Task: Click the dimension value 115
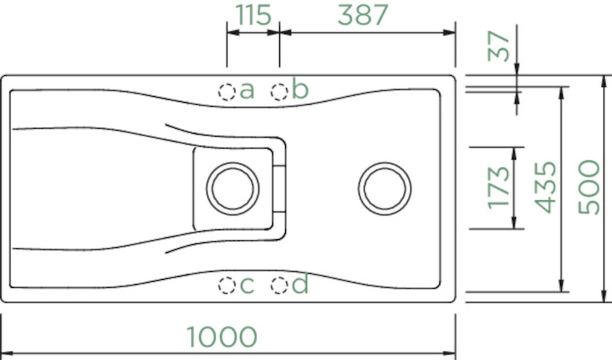(254, 15)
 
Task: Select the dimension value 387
(363, 15)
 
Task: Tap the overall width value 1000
(221, 337)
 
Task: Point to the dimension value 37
(499, 46)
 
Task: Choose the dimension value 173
(499, 188)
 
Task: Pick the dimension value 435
(545, 187)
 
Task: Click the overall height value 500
(589, 187)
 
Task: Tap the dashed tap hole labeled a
(227, 92)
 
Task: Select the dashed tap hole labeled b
(279, 92)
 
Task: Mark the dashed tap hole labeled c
(227, 285)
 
